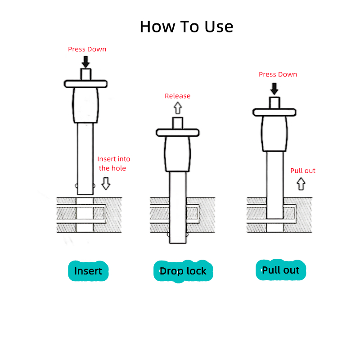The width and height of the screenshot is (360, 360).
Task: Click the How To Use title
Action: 186,27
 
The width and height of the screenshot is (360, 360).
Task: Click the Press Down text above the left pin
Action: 87,49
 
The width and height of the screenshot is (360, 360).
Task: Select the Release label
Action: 177,96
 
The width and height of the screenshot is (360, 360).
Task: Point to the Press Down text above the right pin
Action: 278,74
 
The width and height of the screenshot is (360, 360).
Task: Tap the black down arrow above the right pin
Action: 274,89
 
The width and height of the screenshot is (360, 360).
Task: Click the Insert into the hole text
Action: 113,163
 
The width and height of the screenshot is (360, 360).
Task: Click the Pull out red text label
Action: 302,171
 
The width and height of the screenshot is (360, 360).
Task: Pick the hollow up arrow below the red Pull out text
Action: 301,184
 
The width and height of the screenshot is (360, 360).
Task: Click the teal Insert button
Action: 88,271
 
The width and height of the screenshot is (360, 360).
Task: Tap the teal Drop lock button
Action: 183,271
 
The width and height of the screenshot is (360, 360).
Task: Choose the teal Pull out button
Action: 280,270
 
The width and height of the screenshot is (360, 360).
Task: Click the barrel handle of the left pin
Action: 85,105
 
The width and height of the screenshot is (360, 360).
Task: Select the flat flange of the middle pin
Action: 177,132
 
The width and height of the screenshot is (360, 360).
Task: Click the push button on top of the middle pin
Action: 177,123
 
